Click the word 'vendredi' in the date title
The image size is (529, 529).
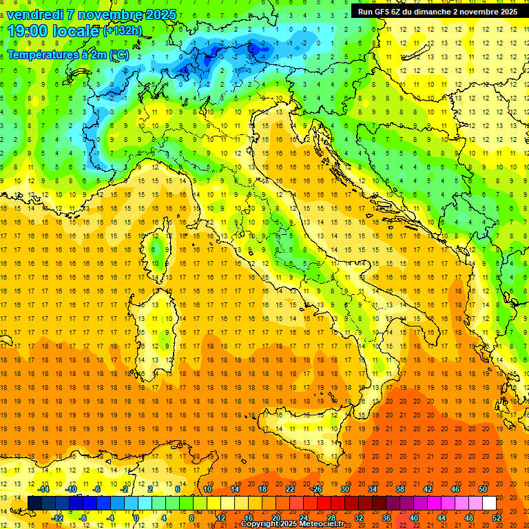click(34, 14)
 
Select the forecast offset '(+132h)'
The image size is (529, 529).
click(123, 30)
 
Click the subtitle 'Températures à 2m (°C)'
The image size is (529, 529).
click(68, 54)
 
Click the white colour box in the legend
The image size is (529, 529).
click(489, 503)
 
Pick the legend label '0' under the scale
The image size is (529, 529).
click(136, 517)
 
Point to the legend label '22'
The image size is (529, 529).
click(290, 489)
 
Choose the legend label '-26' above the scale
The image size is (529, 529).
click(316, 489)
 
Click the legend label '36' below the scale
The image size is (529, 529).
click(386, 517)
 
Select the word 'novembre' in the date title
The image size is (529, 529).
click(110, 14)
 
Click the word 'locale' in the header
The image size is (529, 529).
click(76, 30)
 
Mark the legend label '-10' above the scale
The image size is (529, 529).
click(70, 489)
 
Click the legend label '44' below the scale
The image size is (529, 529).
click(442, 517)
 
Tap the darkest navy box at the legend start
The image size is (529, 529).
click(35, 503)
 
